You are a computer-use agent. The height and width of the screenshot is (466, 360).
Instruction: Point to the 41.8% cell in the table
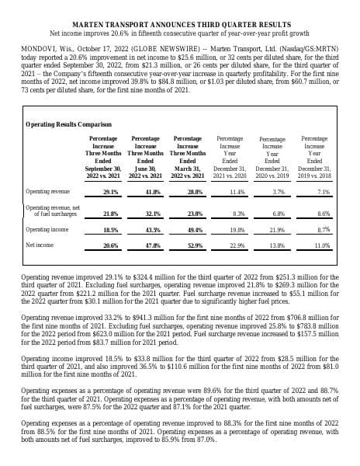click(x=152, y=190)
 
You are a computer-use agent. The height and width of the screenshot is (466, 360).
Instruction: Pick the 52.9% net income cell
click(x=195, y=245)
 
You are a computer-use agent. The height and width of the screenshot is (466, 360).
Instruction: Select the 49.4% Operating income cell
click(x=195, y=230)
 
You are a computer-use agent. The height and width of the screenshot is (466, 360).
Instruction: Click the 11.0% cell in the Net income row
click(x=323, y=245)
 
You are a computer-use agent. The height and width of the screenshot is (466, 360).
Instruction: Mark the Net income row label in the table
click(x=40, y=245)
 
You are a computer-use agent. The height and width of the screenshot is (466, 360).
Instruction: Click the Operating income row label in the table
click(x=47, y=230)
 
